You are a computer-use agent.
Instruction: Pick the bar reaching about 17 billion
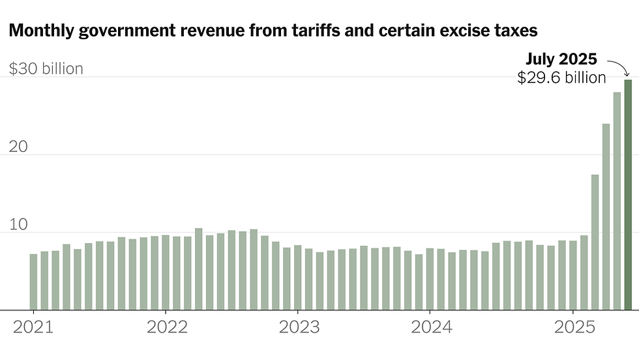point(595,242)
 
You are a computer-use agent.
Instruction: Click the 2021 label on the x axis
point(33,327)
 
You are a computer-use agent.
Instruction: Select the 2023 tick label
point(299,327)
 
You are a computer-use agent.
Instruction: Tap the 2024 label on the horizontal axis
point(431,327)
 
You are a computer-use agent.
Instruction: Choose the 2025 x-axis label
point(573,327)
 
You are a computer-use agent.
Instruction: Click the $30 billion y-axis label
point(46,68)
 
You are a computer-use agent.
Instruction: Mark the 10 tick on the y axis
point(19,224)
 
